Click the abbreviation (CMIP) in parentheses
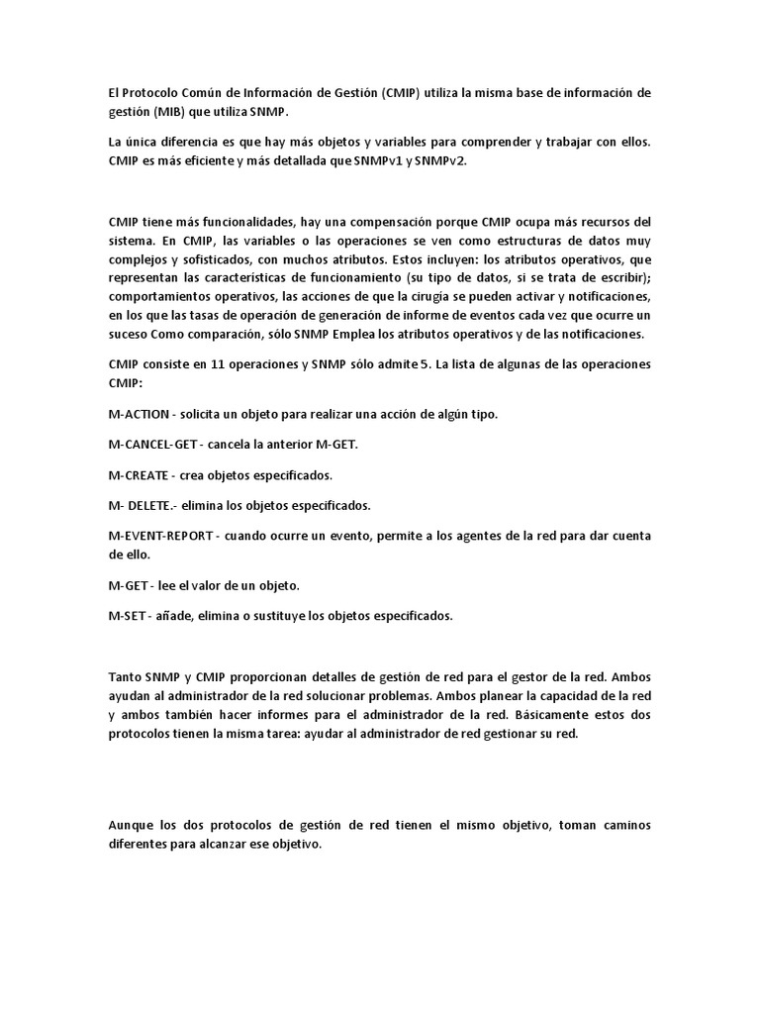click(401, 93)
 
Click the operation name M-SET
click(129, 616)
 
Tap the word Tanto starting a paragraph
click(126, 677)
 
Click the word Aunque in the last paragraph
click(131, 826)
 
